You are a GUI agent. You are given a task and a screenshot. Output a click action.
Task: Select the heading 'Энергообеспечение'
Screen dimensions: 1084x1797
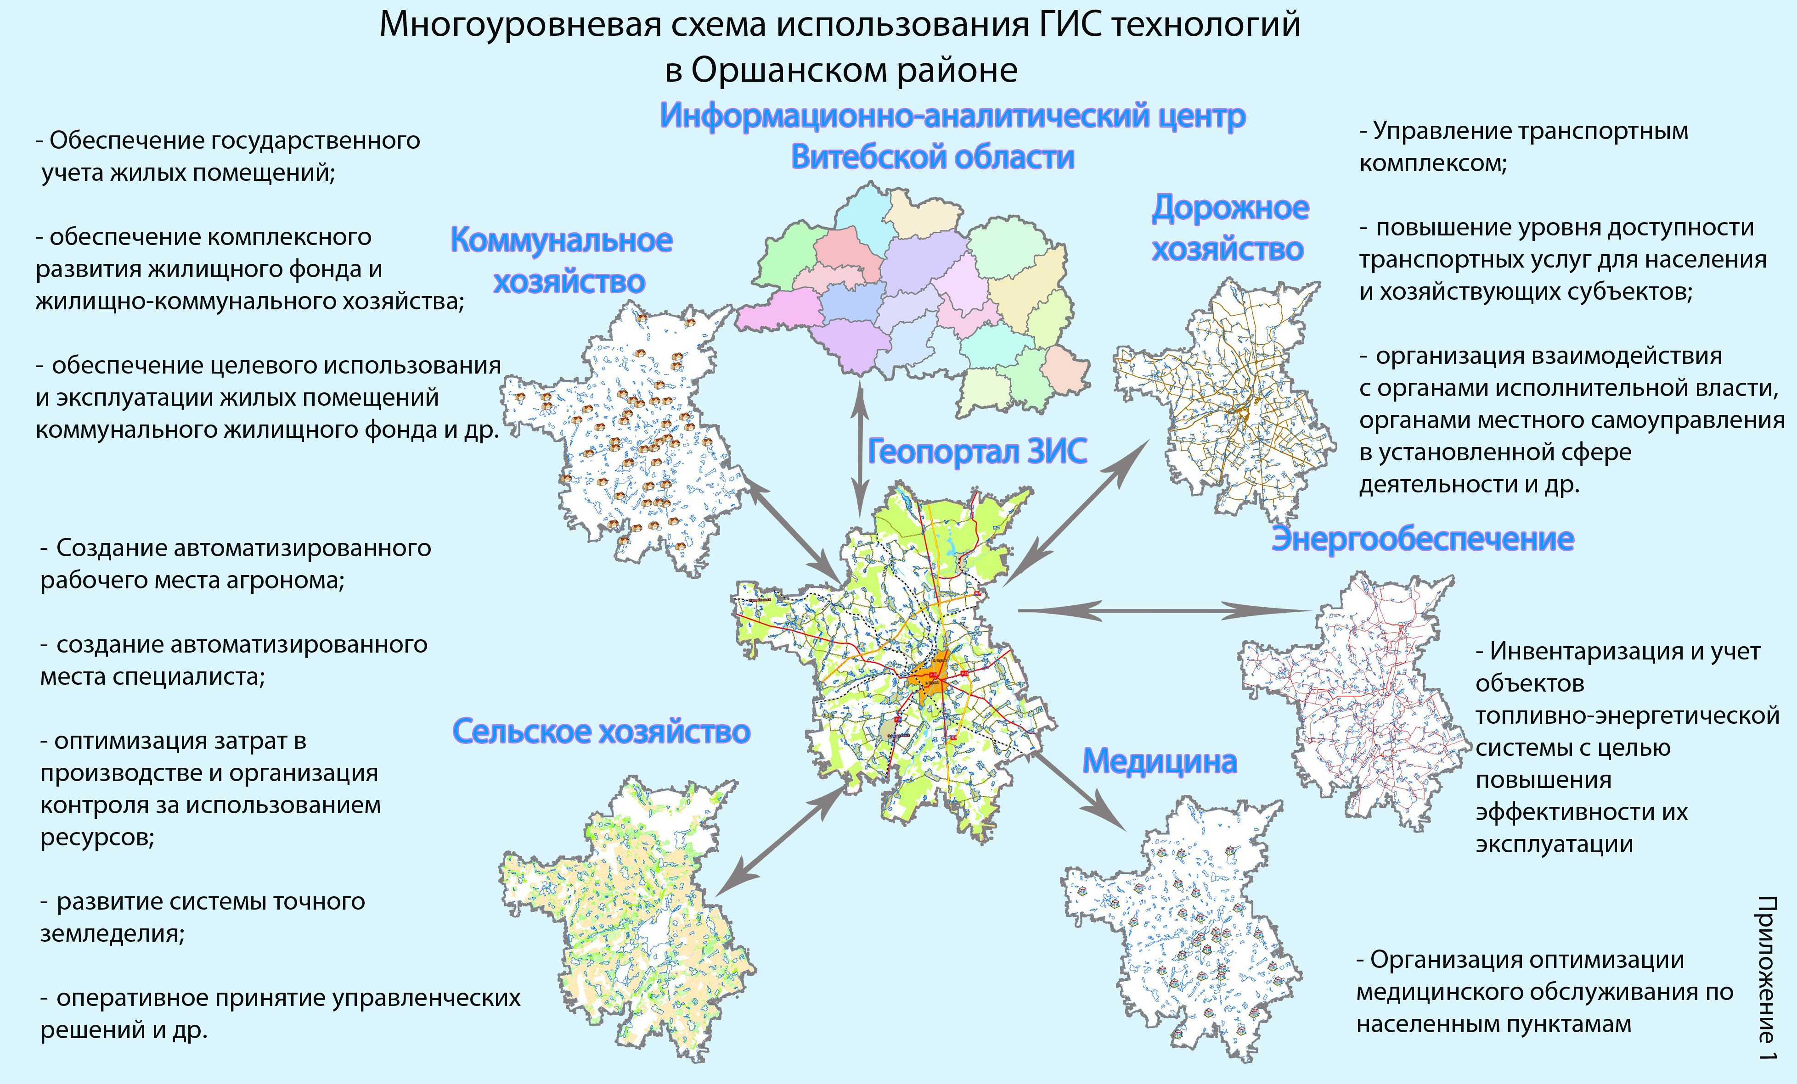click(x=1422, y=539)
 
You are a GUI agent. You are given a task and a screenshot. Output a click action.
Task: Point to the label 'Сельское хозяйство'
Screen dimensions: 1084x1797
click(x=601, y=731)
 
